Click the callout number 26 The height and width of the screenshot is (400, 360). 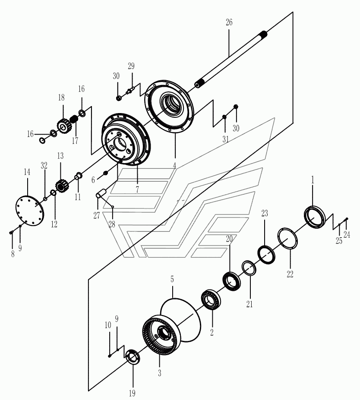229,22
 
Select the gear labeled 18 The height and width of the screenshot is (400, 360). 63,126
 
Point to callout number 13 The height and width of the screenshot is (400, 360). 60,155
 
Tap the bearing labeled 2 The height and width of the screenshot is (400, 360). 212,300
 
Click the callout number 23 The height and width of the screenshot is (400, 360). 265,213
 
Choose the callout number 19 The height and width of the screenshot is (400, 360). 132,393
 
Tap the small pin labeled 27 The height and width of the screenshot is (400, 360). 102,193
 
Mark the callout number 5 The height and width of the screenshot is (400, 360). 172,279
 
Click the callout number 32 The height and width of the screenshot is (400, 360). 44,165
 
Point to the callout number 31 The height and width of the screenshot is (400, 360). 225,139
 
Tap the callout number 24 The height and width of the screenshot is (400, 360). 347,235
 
